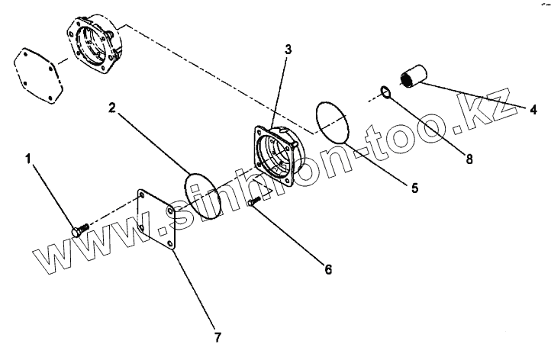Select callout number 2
point(111,109)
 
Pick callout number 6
point(328,269)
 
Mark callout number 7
point(218,336)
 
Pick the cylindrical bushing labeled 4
point(413,76)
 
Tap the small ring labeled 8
point(387,94)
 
